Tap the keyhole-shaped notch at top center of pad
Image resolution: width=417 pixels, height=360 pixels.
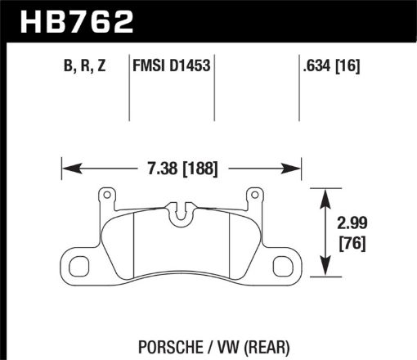(x=182, y=215)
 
